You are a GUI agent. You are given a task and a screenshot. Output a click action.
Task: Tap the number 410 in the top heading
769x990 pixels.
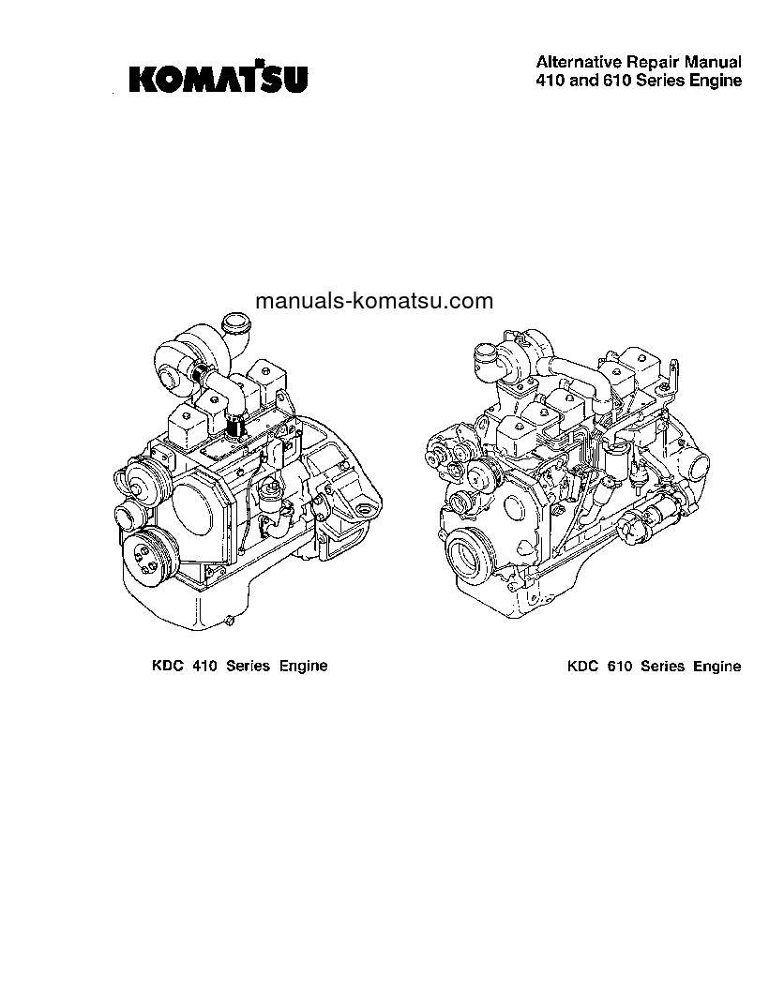(x=550, y=81)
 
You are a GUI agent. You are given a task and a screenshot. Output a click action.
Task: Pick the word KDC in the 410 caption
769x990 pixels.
(x=168, y=667)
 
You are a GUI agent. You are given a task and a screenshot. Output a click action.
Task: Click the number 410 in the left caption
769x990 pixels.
(x=204, y=667)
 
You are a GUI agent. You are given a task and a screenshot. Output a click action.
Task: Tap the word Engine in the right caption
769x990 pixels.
(x=716, y=667)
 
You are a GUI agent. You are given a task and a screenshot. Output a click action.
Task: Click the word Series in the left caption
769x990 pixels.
(x=248, y=667)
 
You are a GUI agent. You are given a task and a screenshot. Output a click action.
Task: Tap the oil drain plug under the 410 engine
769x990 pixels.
(x=229, y=620)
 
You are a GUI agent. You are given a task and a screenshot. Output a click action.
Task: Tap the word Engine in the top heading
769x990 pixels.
(x=717, y=81)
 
